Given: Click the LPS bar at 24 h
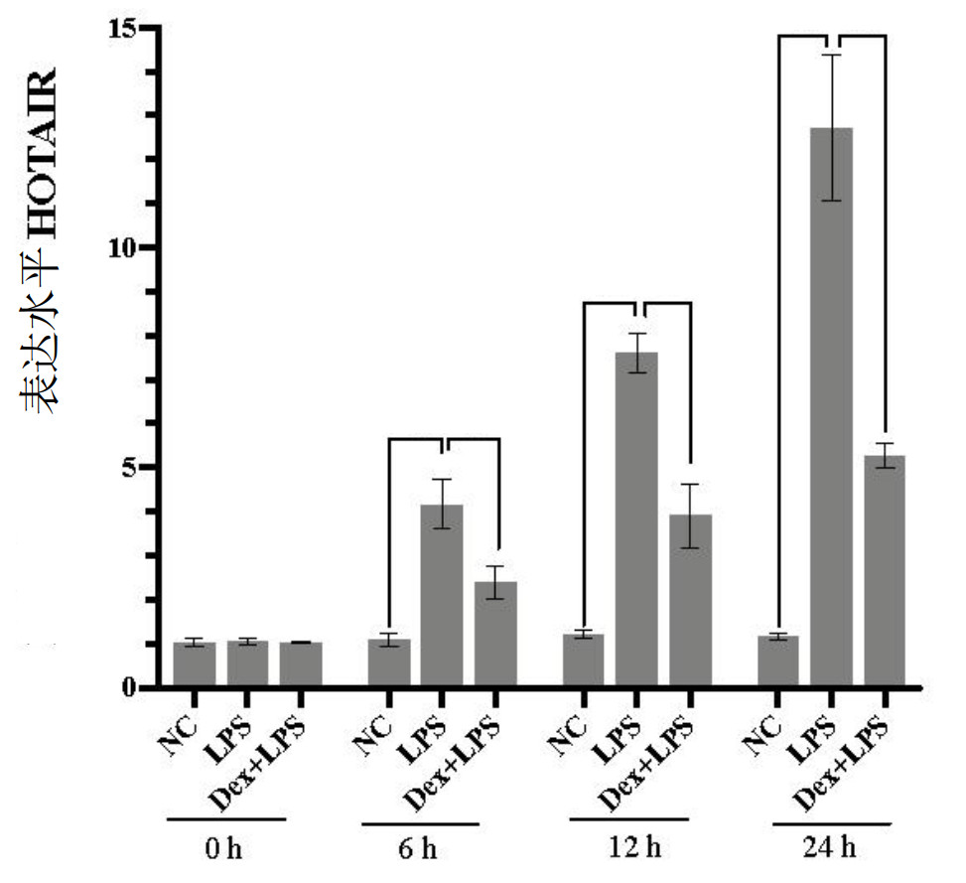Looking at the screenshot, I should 831,407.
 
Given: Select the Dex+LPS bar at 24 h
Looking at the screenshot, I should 885,571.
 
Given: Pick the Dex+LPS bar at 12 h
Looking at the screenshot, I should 690,601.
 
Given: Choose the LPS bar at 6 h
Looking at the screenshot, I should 442,596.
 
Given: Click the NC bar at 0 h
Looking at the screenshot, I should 195,664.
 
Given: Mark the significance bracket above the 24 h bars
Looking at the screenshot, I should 831,37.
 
